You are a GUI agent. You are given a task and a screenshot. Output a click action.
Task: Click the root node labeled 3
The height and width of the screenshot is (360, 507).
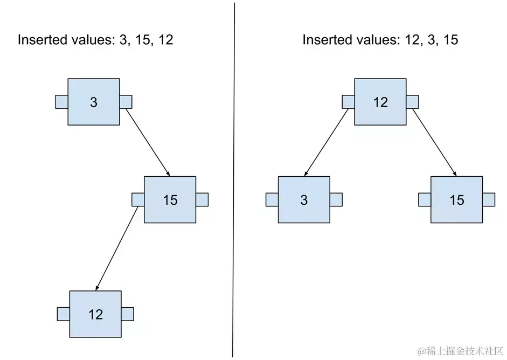point(94,102)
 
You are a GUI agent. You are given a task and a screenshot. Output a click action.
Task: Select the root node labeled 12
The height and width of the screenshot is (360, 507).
point(380,102)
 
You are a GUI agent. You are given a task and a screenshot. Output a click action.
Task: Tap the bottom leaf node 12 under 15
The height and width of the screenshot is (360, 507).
point(95,314)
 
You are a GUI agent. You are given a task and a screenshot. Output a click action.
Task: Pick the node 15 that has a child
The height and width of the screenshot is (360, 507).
point(170,200)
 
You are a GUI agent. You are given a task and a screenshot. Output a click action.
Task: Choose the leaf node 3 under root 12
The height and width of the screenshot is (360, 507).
point(304,200)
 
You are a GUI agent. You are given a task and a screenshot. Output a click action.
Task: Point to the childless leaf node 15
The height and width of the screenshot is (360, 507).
point(456,200)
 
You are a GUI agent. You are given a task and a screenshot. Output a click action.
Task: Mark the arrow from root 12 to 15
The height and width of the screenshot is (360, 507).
point(435,142)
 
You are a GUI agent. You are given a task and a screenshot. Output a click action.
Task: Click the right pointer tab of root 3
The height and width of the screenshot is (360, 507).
point(126,102)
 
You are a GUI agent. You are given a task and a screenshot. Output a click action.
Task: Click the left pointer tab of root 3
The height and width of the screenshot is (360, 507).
point(61,102)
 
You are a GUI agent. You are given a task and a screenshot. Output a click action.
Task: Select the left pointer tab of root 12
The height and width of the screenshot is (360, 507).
point(348,102)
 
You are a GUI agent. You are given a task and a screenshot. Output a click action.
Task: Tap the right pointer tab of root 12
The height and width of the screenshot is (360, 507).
point(412,102)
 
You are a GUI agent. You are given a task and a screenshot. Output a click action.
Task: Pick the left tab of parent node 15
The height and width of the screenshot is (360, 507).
point(138,200)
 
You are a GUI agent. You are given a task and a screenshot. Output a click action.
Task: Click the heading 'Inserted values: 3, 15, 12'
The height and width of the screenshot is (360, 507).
point(95,40)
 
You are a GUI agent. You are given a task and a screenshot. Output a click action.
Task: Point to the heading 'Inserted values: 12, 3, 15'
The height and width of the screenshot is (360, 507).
point(380,40)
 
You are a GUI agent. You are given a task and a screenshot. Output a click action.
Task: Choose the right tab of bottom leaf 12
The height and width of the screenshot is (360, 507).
point(128,314)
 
